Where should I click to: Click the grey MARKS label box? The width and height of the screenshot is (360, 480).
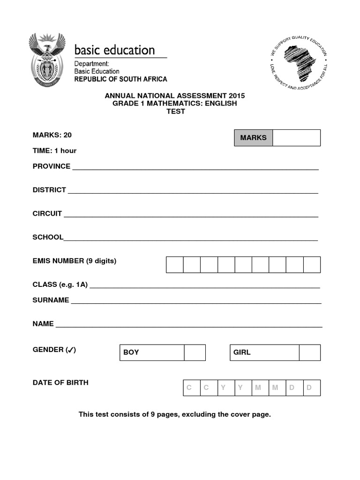pos(253,138)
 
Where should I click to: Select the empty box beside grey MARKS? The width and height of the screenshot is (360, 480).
pos(296,138)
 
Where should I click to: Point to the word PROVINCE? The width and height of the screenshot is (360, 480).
pos(52,166)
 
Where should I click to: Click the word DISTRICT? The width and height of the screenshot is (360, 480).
pos(49,190)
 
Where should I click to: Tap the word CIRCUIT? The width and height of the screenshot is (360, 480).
pos(47,213)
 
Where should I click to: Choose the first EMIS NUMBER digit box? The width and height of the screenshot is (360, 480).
pos(175,264)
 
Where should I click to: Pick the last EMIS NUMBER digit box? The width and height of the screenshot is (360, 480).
pos(312,264)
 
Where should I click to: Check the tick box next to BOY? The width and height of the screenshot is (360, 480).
pos(195,352)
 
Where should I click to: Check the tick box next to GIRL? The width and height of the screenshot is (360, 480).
pos(309,352)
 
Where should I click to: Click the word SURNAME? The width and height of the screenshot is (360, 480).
pos(51,300)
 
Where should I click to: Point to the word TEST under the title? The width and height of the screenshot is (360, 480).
pos(175,112)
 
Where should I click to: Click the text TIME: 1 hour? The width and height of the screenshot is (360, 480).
pos(54,151)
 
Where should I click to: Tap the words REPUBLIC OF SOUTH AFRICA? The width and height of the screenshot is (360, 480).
pos(120,79)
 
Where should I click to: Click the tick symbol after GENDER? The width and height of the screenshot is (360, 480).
pos(70,350)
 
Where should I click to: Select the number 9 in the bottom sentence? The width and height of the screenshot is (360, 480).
pos(147,415)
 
